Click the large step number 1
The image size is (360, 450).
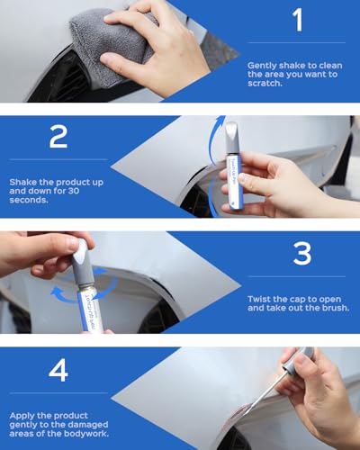pos(298,20)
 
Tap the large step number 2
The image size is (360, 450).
pos(59,136)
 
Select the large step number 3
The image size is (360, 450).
pos(302,255)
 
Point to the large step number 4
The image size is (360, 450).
pos(59,370)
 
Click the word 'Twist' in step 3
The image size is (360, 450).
pos(260,296)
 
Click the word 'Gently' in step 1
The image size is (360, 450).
pos(264,66)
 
